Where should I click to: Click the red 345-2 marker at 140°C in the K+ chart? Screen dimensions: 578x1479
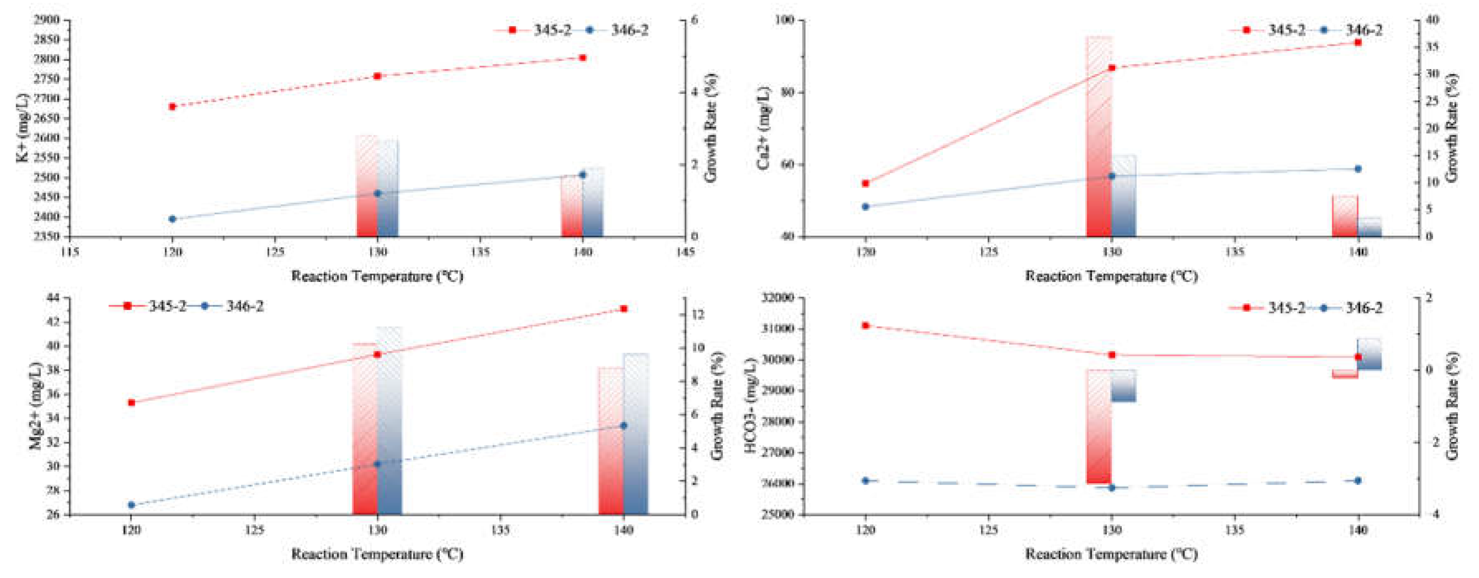(x=582, y=57)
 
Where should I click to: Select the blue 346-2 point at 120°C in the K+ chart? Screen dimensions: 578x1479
(x=172, y=219)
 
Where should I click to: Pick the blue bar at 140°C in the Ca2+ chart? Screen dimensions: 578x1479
(x=1369, y=227)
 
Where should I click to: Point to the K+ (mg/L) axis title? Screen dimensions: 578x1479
(x=22, y=127)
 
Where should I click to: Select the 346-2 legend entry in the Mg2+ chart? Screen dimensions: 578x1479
(x=232, y=306)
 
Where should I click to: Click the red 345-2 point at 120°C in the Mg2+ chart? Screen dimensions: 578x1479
(x=132, y=402)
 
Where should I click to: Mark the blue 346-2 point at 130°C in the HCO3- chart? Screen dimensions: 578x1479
(x=1112, y=487)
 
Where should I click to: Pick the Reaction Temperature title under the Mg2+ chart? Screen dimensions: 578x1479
(x=377, y=554)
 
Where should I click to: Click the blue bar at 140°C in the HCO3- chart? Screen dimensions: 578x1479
(x=1369, y=354)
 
